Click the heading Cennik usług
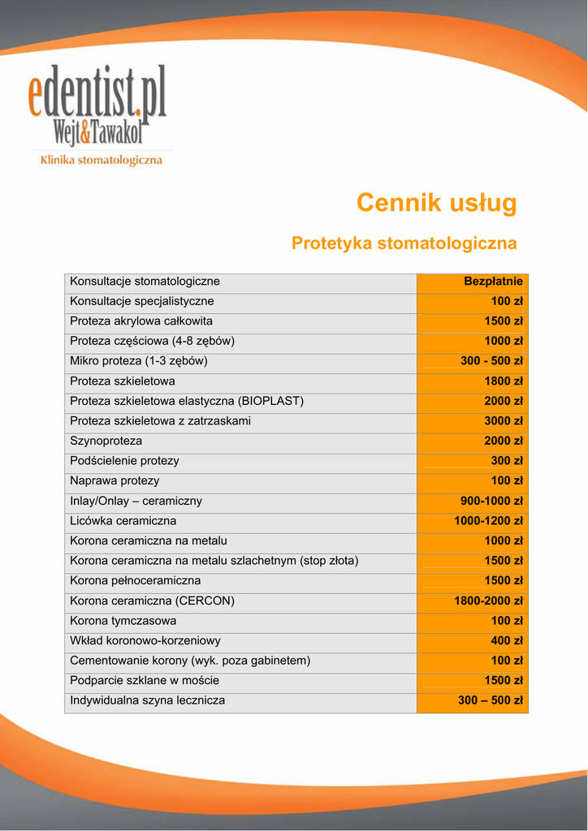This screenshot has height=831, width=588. [436, 203]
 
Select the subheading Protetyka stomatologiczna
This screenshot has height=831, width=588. [404, 243]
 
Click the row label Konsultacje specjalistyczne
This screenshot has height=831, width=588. [142, 301]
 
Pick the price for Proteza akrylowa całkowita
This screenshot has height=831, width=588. [504, 321]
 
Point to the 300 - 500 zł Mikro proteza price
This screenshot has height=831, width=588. [491, 361]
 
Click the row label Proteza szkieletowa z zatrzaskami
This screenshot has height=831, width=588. [160, 421]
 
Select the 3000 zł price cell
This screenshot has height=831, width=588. [504, 421]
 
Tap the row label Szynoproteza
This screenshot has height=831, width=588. [106, 441]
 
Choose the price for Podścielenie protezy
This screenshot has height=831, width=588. [507, 461]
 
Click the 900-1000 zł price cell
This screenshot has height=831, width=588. [492, 501]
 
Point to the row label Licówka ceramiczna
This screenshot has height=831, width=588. [123, 521]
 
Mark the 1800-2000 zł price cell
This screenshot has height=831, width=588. [488, 601]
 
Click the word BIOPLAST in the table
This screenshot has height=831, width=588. [271, 401]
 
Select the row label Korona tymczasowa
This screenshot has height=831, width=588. [123, 621]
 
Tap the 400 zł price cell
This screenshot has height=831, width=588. [507, 641]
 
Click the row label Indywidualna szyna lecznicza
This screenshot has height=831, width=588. [148, 700]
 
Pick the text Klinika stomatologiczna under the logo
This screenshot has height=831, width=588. [102, 161]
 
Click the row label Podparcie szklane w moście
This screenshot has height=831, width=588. [145, 680]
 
